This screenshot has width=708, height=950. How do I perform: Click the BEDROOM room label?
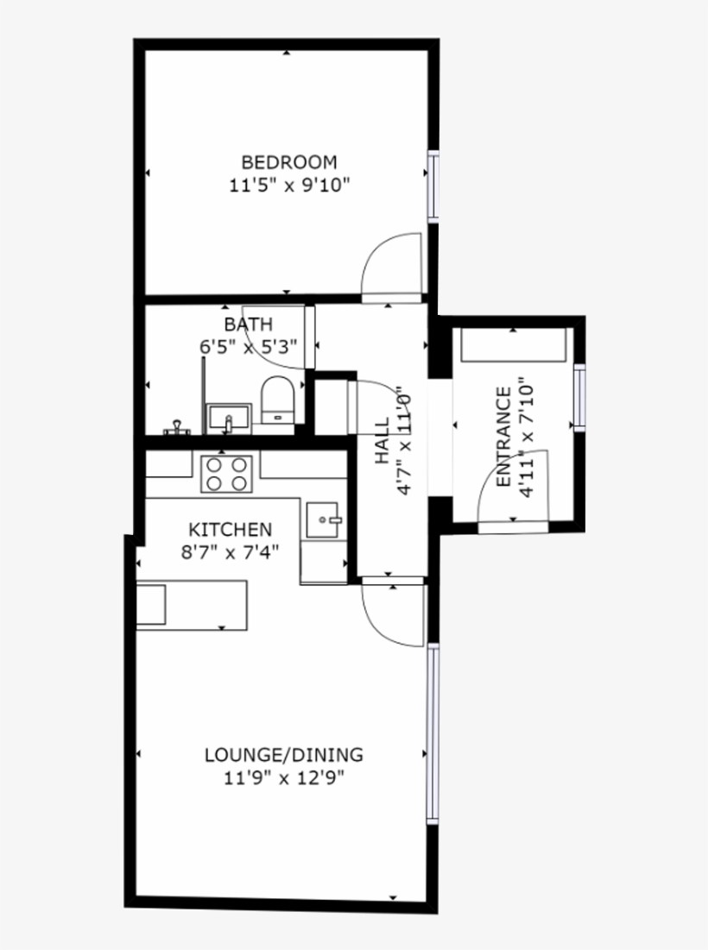[288, 162]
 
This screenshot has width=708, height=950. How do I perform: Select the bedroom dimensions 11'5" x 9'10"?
[288, 185]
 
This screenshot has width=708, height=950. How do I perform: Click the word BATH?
[249, 324]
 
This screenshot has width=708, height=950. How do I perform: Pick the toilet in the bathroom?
[278, 400]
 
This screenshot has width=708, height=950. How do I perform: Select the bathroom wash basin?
[228, 418]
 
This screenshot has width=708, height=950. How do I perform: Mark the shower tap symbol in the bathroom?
[177, 426]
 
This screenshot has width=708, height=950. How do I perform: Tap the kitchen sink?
[326, 519]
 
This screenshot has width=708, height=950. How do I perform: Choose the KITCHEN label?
[231, 530]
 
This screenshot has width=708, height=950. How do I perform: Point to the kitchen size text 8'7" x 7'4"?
[230, 552]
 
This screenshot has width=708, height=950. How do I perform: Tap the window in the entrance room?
[579, 396]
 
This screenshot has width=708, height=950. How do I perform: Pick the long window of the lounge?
[433, 733]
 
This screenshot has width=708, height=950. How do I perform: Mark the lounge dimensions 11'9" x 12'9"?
[283, 778]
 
